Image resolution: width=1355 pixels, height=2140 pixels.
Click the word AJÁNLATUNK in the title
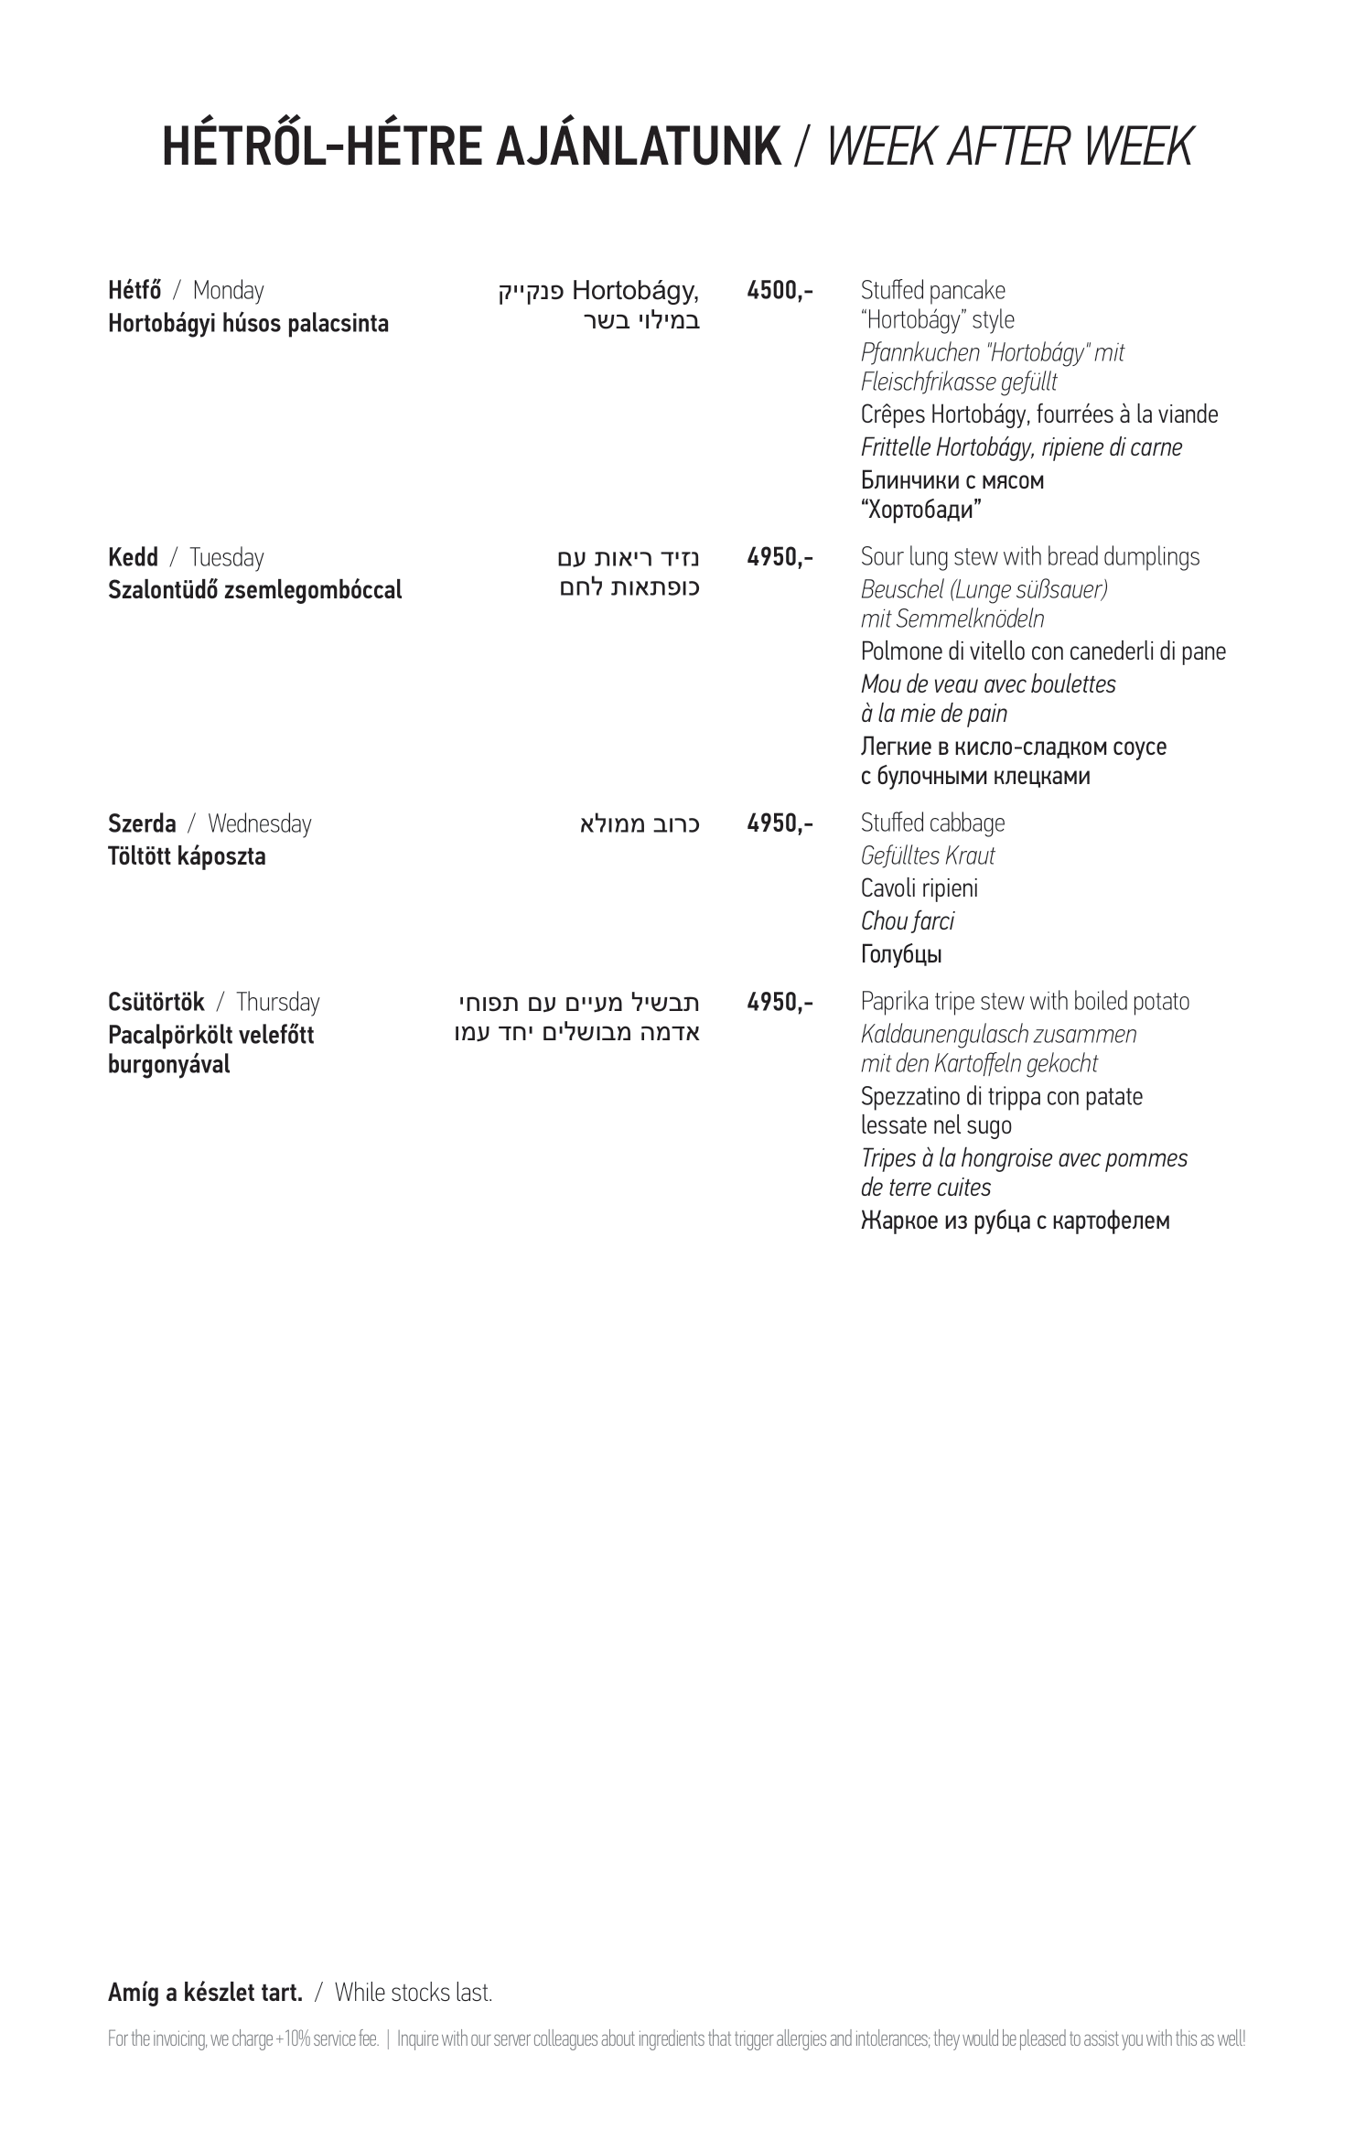click(638, 146)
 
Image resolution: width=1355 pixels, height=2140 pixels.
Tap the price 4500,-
click(780, 291)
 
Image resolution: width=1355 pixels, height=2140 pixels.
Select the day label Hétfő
click(134, 291)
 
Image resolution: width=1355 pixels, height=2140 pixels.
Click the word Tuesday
click(226, 557)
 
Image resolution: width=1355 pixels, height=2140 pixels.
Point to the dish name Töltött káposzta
click(187, 856)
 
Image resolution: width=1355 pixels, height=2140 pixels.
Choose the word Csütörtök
click(156, 1002)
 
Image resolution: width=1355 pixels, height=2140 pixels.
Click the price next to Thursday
click(780, 1002)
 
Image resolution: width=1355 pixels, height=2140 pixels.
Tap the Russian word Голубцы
click(901, 955)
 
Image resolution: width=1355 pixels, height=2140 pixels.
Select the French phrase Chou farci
click(907, 921)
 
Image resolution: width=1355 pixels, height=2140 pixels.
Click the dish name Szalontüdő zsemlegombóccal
click(254, 590)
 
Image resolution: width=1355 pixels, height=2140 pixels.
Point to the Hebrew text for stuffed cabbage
click(640, 824)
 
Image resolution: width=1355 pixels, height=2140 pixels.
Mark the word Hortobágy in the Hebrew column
click(635, 291)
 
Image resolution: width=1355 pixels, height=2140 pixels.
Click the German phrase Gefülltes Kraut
click(927, 855)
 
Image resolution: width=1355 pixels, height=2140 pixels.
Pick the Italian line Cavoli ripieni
click(919, 888)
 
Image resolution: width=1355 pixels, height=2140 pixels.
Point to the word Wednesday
click(259, 823)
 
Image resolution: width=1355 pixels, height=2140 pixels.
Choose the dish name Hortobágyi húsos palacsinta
click(248, 324)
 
